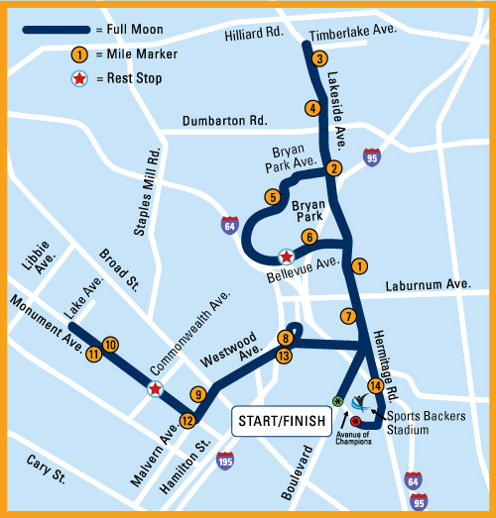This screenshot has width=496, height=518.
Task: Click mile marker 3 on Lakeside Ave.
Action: pyautogui.click(x=318, y=58)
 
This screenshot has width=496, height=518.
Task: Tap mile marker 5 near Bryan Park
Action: pyautogui.click(x=272, y=197)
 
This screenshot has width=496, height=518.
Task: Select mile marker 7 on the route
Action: pyautogui.click(x=347, y=317)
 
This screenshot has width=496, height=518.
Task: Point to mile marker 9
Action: pyautogui.click(x=198, y=394)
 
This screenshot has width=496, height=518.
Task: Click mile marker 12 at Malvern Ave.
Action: pyautogui.click(x=187, y=420)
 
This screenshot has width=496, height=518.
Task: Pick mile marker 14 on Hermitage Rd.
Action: pyautogui.click(x=374, y=385)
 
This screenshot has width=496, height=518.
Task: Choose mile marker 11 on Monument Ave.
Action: pyautogui.click(x=93, y=353)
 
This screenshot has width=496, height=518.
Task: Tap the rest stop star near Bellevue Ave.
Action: pyautogui.click(x=286, y=256)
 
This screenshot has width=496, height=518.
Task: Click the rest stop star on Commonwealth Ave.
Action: pyautogui.click(x=155, y=389)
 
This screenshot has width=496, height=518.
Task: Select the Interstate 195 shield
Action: pyautogui.click(x=225, y=461)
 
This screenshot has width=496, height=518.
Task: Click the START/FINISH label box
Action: pyautogui.click(x=281, y=421)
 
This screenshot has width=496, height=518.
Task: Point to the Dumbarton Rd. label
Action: pyautogui.click(x=225, y=121)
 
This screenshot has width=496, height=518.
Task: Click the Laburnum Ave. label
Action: pyautogui.click(x=429, y=284)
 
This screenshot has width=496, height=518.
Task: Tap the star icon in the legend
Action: pyautogui.click(x=77, y=78)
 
